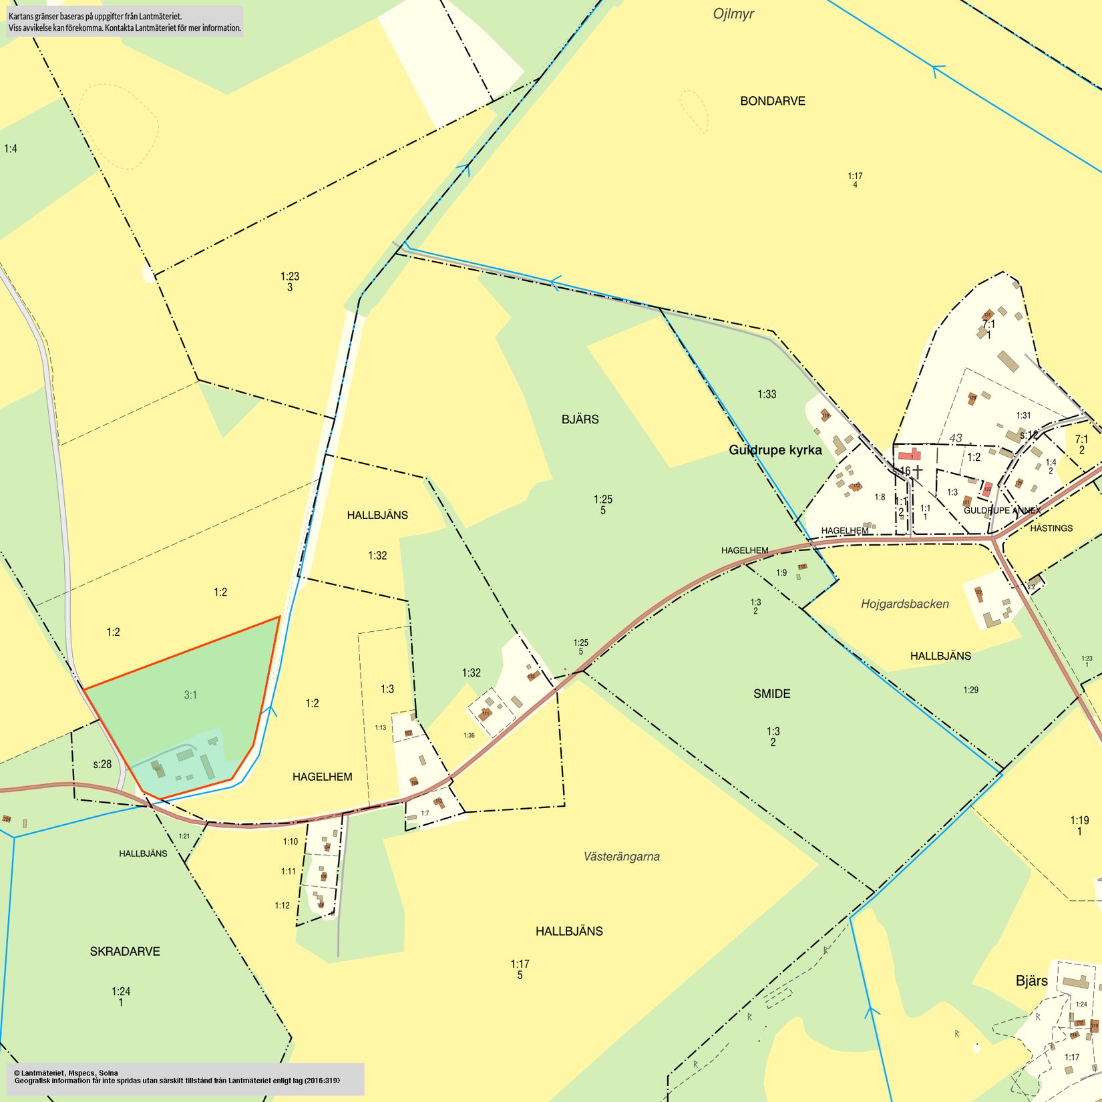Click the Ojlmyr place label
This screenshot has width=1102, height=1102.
[x=733, y=14]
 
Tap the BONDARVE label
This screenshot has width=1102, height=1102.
[x=772, y=101]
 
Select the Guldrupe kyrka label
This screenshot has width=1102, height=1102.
[x=775, y=450]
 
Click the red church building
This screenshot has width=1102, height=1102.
[x=909, y=455]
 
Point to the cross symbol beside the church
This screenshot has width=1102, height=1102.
[x=918, y=472]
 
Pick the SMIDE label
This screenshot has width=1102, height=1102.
[x=771, y=694]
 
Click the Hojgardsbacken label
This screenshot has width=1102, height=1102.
[x=904, y=604]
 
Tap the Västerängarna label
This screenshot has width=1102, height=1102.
[x=621, y=856]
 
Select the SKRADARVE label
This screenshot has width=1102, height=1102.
[x=125, y=951]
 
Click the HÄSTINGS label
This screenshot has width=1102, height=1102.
[x=1051, y=528]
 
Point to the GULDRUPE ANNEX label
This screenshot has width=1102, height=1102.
[x=1002, y=510]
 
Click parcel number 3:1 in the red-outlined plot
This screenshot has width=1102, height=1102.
[x=190, y=695]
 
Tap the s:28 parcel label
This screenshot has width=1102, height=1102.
[x=102, y=764]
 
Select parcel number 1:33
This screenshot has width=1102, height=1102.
[x=767, y=394]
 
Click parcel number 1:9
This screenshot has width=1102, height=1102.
[x=781, y=572]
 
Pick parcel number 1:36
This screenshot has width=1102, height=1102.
[x=469, y=735]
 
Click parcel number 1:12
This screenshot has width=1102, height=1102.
[x=282, y=906]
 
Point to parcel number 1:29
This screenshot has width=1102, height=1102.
[x=970, y=690]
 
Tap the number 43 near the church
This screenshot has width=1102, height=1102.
[x=956, y=438]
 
